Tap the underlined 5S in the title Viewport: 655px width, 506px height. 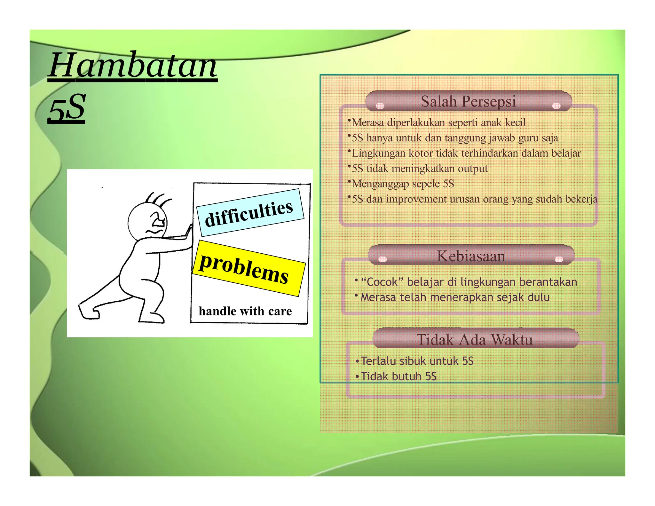pyautogui.click(x=67, y=108)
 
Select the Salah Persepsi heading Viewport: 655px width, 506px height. pyautogui.click(x=468, y=101)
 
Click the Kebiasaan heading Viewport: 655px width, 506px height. pyautogui.click(x=471, y=256)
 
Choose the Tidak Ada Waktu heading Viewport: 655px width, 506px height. pyautogui.click(x=475, y=339)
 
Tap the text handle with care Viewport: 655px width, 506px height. pyautogui.click(x=245, y=311)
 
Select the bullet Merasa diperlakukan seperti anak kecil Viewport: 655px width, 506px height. pyautogui.click(x=438, y=123)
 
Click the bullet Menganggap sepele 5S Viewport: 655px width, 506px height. pyautogui.click(x=403, y=184)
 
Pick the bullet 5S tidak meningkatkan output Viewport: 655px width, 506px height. pyautogui.click(x=419, y=169)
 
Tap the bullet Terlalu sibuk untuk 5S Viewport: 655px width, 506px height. pyautogui.click(x=417, y=361)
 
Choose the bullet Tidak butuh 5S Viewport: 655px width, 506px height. pyautogui.click(x=398, y=376)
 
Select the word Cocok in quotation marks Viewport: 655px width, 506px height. pyautogui.click(x=382, y=282)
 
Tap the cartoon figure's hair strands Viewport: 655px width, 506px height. pyautogui.click(x=158, y=199)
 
